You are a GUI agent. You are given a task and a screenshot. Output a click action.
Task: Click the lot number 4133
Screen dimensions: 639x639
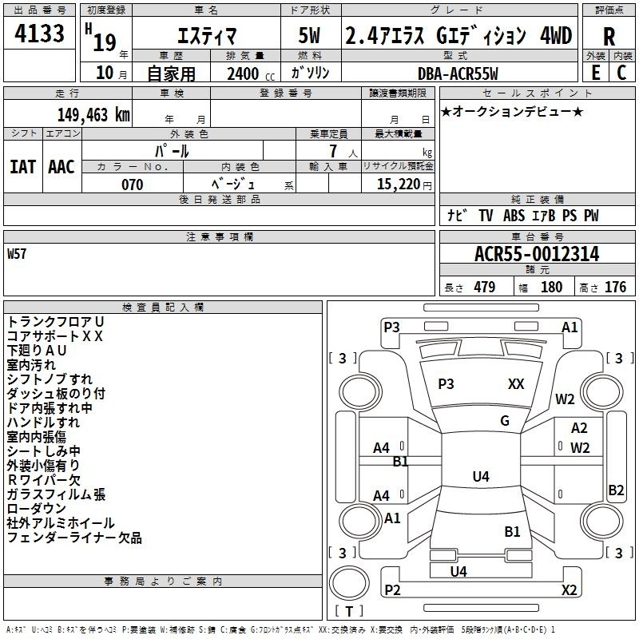click(x=39, y=34)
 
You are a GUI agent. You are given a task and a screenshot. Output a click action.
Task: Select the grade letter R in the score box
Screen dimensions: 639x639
click(x=609, y=37)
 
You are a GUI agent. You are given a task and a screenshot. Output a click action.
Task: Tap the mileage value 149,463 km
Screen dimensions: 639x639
click(x=93, y=115)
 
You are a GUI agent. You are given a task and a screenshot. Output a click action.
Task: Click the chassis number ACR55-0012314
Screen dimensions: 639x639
click(x=537, y=254)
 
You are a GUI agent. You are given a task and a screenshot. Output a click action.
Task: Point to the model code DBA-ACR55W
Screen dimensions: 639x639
click(x=458, y=73)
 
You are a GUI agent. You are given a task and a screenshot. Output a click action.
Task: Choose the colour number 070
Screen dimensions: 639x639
click(x=132, y=185)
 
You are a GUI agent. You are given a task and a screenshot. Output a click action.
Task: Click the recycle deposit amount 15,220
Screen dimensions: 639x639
click(x=398, y=185)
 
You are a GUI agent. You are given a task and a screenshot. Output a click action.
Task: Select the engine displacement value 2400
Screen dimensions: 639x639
click(x=243, y=73)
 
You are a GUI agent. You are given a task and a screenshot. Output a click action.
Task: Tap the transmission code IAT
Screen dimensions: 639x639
click(x=23, y=167)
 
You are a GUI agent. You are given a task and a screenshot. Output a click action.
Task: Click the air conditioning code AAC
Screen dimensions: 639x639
click(x=62, y=167)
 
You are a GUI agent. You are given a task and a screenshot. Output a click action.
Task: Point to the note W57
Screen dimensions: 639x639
click(x=17, y=254)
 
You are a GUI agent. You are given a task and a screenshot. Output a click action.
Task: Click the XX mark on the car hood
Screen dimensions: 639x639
click(x=516, y=384)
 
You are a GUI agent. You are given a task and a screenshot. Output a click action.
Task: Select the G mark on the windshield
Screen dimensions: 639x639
click(x=505, y=421)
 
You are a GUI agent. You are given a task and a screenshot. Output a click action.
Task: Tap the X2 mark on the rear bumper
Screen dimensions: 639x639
click(x=569, y=589)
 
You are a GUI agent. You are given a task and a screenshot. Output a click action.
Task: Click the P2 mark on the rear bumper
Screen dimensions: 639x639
click(x=392, y=589)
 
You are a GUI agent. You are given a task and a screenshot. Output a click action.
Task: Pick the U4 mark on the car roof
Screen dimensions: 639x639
click(x=481, y=476)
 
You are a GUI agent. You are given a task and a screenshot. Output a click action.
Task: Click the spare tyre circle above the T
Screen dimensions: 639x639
click(x=349, y=583)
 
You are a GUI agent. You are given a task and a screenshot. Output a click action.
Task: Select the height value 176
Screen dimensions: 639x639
click(x=615, y=287)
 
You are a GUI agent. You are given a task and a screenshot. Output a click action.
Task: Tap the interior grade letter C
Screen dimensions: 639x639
click(x=621, y=73)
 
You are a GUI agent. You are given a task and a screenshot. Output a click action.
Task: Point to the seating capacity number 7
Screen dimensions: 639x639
click(x=333, y=151)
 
